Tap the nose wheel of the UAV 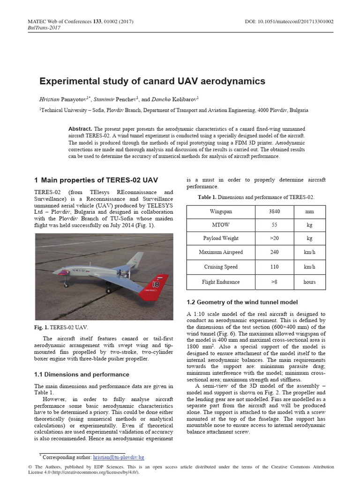(66, 285)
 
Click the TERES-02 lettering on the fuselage (78, 270)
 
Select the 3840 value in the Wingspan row (274, 212)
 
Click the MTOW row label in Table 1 (221, 225)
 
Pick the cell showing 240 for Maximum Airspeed (274, 252)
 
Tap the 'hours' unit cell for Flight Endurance (309, 282)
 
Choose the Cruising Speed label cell (221, 267)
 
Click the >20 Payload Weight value (274, 239)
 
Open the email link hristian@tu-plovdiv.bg (119, 457)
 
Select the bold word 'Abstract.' (80, 129)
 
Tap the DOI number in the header (289, 22)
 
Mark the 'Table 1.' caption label (207, 197)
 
